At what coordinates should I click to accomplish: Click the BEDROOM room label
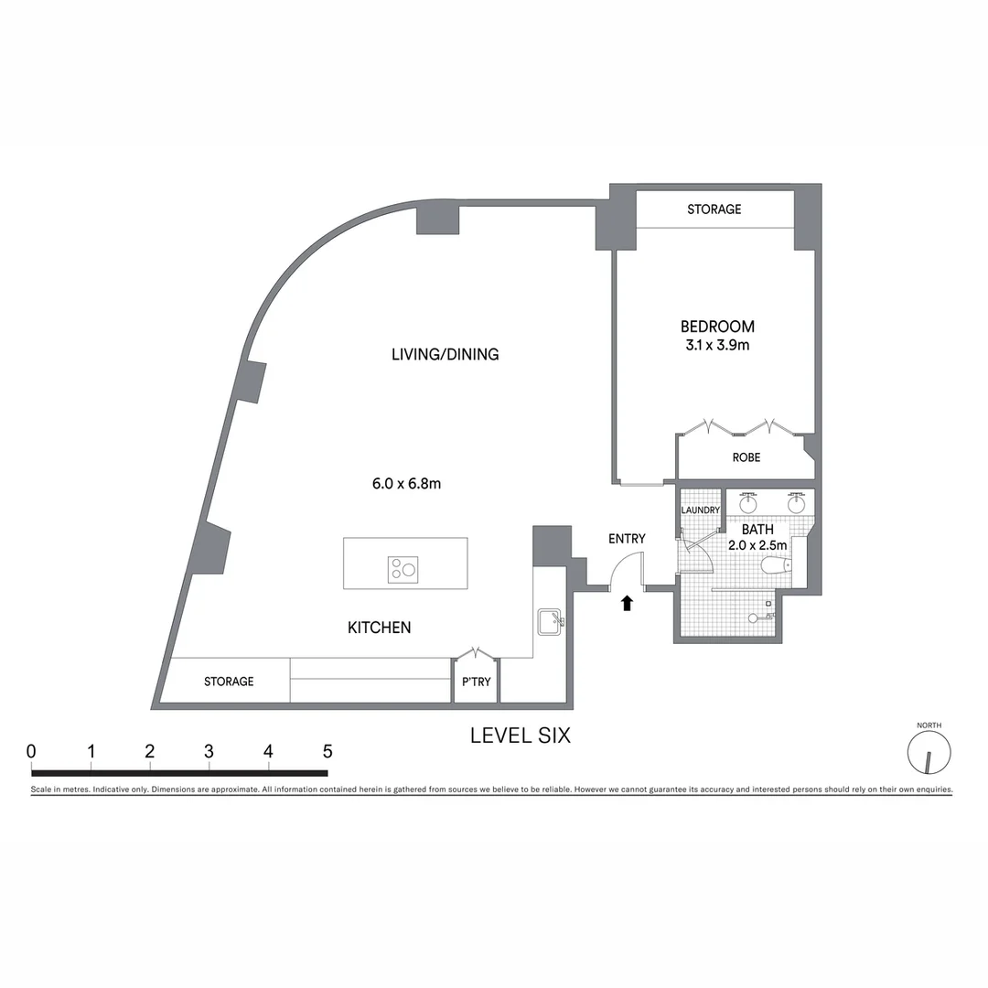(717, 327)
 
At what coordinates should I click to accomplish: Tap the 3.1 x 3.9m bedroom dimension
(717, 345)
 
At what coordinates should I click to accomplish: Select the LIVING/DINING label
(445, 354)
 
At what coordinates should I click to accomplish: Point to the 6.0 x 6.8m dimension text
(406, 483)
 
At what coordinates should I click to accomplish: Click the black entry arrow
(627, 602)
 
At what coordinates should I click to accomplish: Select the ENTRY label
(627, 539)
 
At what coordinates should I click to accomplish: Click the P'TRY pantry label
(476, 682)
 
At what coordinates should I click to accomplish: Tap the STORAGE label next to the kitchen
(229, 682)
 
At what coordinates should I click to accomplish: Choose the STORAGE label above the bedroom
(714, 209)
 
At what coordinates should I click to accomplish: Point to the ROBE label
(746, 457)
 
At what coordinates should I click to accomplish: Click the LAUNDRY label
(701, 510)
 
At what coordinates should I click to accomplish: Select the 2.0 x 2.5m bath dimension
(757, 545)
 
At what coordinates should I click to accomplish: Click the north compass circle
(929, 753)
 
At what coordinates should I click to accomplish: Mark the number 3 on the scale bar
(209, 752)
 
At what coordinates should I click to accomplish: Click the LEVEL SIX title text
(520, 736)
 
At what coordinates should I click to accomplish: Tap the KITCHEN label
(379, 628)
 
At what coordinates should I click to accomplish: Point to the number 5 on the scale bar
(327, 752)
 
